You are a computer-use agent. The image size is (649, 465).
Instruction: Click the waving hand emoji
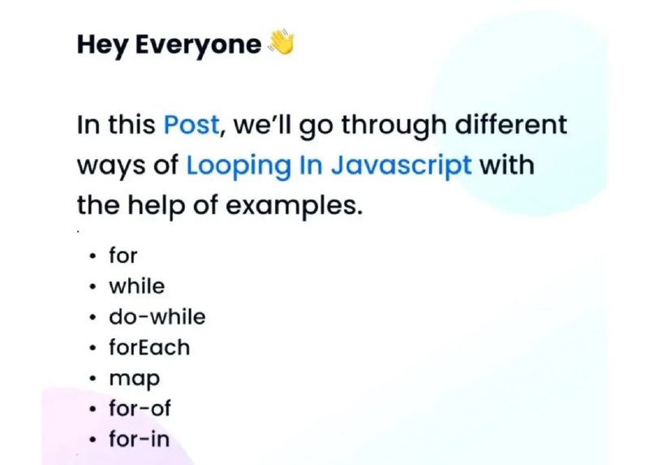coord(282,42)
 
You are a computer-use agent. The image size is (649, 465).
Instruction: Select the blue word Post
coord(191,124)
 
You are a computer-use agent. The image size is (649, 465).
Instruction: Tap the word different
coord(511,124)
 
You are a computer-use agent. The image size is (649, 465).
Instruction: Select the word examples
coord(294,207)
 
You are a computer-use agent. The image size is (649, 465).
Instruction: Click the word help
coord(157,206)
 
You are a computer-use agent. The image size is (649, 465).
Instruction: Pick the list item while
coord(137,286)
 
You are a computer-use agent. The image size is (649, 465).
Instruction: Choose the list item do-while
coord(157,316)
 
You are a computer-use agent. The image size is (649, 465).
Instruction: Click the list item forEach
coord(149,347)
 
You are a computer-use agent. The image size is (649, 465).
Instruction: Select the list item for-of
coord(140,408)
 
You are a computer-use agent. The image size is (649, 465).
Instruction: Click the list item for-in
coord(139,439)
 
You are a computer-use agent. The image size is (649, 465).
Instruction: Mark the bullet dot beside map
coord(93,378)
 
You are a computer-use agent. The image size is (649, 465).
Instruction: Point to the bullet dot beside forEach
coord(93,347)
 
